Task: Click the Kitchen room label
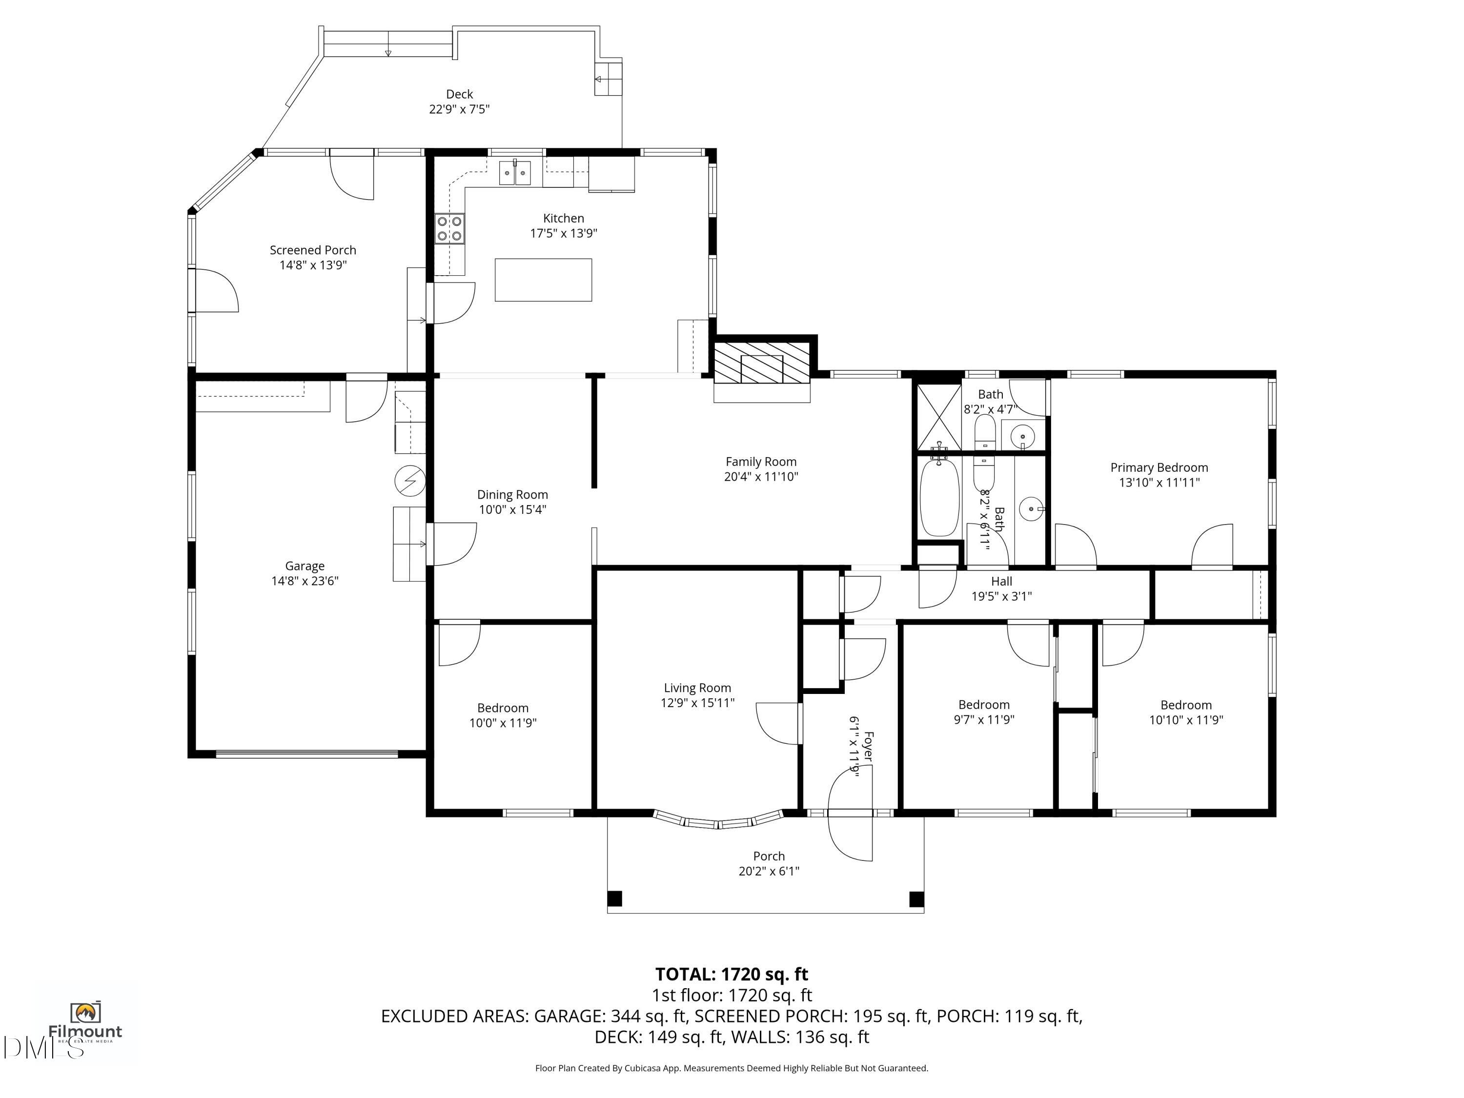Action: coord(563,219)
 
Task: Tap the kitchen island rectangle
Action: coord(543,280)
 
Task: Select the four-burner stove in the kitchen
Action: coord(449,229)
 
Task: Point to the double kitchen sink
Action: coord(514,173)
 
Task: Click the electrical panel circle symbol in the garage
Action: coord(410,481)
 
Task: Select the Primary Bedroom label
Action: coord(1159,468)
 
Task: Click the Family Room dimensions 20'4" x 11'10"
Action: coord(761,476)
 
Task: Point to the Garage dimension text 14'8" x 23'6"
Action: coord(305,581)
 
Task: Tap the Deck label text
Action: coord(459,95)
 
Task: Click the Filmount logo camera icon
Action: coord(85,1012)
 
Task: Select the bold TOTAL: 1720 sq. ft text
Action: coord(732,974)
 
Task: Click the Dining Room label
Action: coord(512,495)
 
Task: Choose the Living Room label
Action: coord(697,688)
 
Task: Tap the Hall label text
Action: coord(1001,582)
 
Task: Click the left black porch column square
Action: coord(615,899)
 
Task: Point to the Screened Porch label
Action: coord(313,250)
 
